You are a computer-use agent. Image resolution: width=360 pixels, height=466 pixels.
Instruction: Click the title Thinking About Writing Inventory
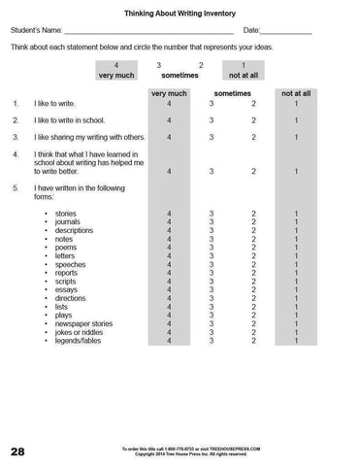180,16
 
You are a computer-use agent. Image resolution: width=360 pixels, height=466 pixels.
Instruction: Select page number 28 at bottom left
18,450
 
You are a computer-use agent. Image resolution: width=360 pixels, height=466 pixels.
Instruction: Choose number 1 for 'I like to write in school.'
295,119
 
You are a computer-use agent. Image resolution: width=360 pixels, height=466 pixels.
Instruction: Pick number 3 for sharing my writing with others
211,137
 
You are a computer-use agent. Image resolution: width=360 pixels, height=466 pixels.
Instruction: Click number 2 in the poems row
252,247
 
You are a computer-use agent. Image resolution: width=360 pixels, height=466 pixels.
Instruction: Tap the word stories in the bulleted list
66,213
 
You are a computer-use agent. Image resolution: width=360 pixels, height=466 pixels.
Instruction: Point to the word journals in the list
70,221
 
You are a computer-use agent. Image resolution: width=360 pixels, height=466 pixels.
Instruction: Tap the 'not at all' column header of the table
295,93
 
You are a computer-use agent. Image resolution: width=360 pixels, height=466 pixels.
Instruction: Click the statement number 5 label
16,187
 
